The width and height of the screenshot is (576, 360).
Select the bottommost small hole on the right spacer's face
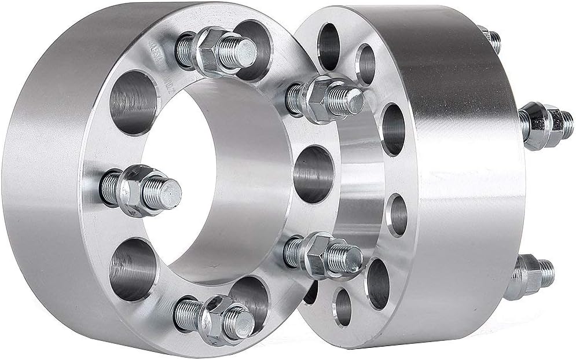(343, 304)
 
